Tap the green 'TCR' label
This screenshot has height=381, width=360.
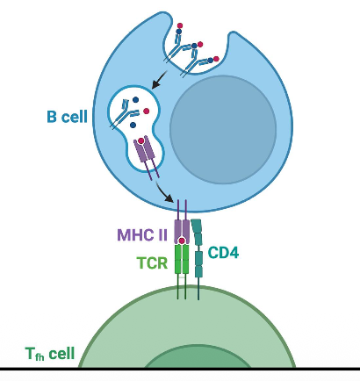[x=152, y=261]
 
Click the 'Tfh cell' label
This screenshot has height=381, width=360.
[x=50, y=356]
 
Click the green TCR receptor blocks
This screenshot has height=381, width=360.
[x=182, y=260]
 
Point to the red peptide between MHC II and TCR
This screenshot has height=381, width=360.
[x=182, y=241]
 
